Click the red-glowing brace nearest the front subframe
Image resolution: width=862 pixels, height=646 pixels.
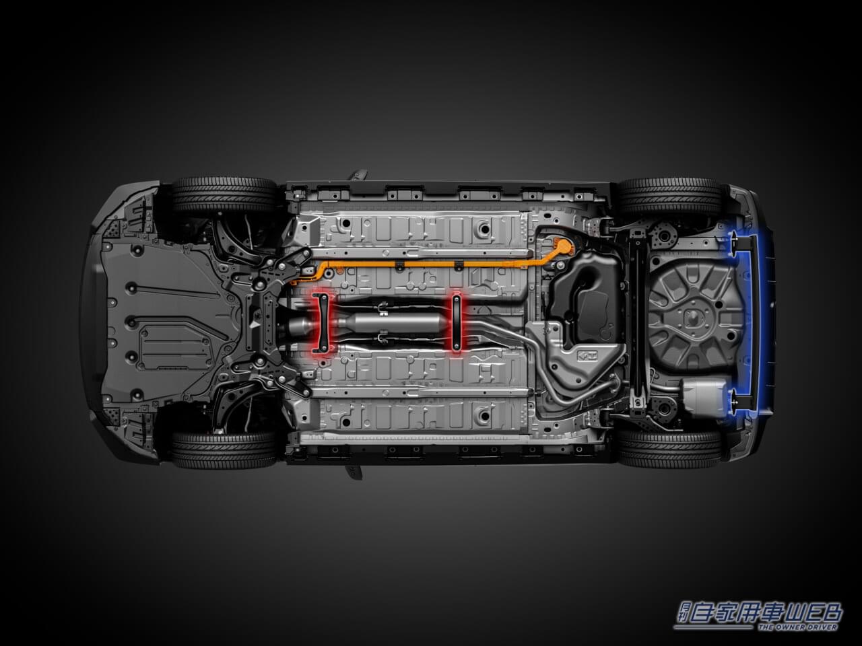(323, 323)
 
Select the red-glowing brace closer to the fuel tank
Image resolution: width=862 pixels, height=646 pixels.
(456, 322)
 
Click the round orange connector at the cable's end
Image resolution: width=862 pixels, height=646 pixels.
(564, 247)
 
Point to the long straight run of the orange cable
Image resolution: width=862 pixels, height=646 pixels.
(428, 264)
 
